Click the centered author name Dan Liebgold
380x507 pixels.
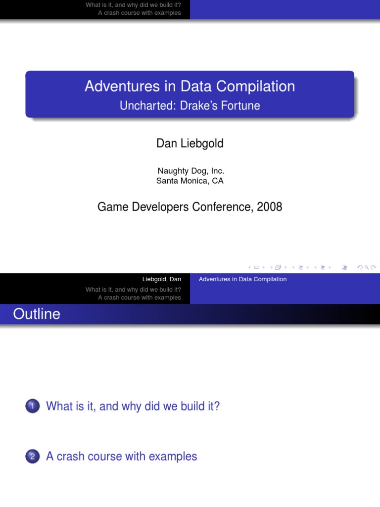[x=190, y=143]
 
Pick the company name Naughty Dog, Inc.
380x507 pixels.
[x=190, y=171]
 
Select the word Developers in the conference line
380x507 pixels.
[x=160, y=207]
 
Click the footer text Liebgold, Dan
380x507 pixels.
[x=161, y=279]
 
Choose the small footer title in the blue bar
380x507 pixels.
[x=242, y=279]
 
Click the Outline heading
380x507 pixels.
[x=37, y=314]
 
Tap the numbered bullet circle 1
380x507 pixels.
[x=32, y=406]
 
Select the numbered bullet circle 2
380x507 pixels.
[x=32, y=456]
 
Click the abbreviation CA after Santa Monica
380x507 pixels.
[x=218, y=181]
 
